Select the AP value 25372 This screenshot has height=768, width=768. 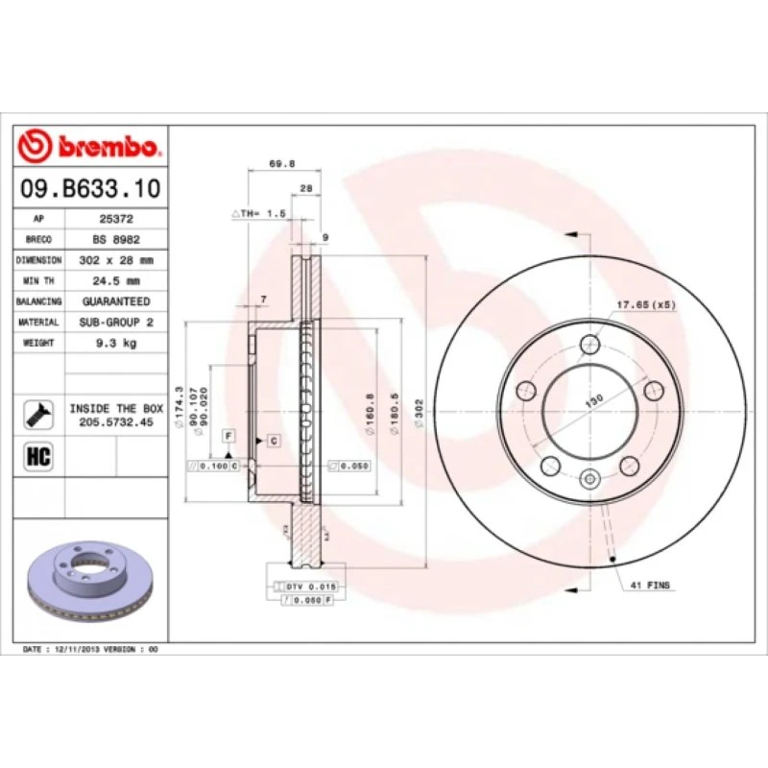tap(117, 220)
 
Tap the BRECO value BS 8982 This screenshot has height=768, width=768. tap(117, 240)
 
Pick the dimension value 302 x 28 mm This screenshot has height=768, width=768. tap(117, 260)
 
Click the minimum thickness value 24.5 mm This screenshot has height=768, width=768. tap(117, 281)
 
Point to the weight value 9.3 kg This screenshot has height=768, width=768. tap(117, 343)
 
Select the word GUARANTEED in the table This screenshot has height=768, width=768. tap(117, 301)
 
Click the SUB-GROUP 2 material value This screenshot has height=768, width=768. tap(117, 323)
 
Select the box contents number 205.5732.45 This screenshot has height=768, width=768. tap(116, 420)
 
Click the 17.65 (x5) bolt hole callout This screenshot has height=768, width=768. tap(646, 304)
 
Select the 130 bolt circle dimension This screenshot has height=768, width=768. tap(594, 399)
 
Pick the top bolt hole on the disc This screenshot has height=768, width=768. tap(591, 345)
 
